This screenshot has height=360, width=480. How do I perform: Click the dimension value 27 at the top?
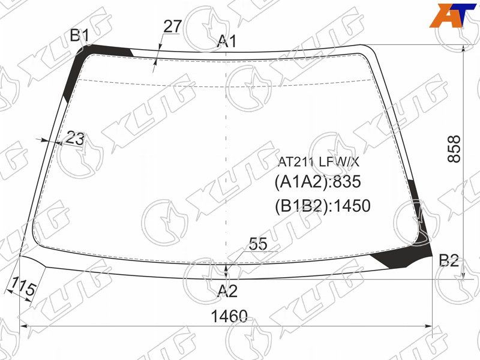[x=173, y=26]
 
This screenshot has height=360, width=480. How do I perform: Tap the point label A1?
[x=227, y=41]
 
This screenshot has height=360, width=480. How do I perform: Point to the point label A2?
[x=227, y=290]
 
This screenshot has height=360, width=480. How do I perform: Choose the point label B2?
[x=449, y=260]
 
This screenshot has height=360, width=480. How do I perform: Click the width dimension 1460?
[x=229, y=316]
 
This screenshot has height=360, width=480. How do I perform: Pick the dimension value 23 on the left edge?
[x=75, y=138]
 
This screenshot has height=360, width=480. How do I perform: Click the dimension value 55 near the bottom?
[x=258, y=244]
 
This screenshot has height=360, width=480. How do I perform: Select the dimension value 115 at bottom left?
[x=22, y=287]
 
